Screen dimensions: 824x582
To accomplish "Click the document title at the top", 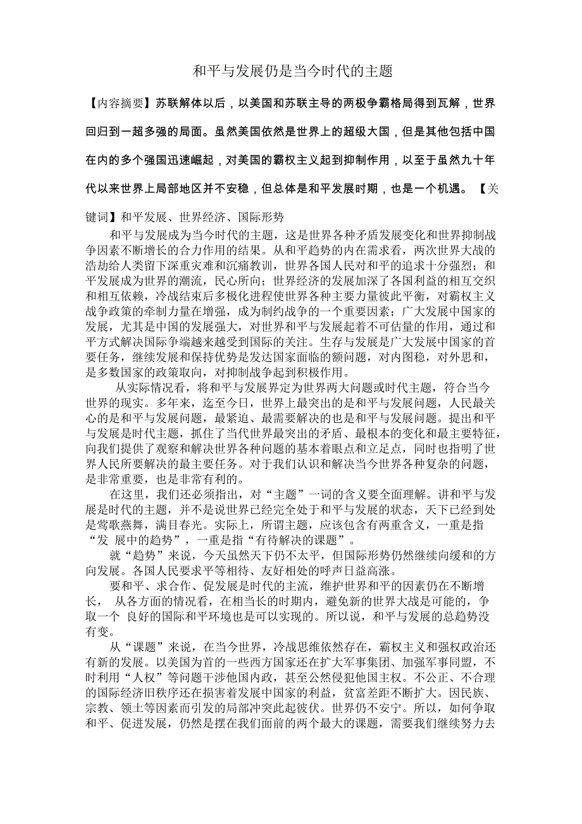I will coord(292,71).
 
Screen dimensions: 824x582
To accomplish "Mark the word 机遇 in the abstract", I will coord(447,189).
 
